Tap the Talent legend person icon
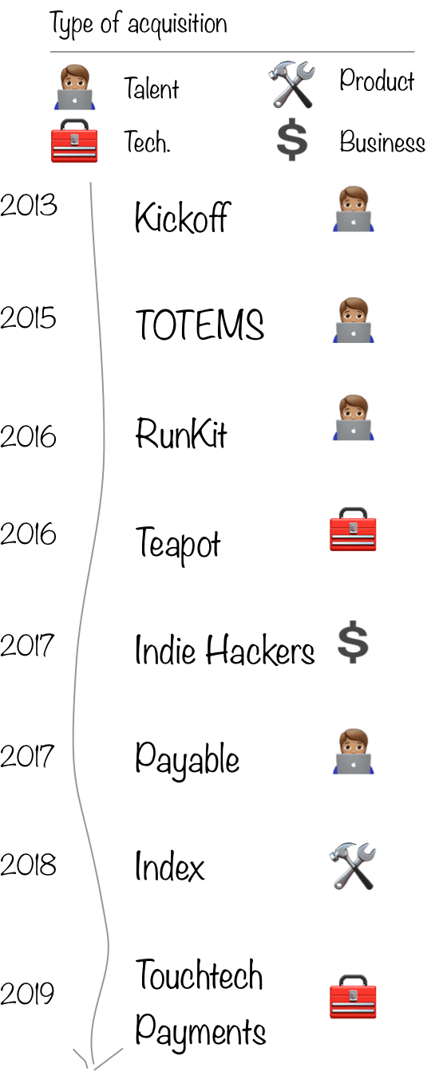pyautogui.click(x=74, y=89)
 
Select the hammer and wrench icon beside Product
pyautogui.click(x=291, y=84)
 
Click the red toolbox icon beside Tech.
pyautogui.click(x=74, y=140)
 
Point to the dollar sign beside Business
pyautogui.click(x=292, y=140)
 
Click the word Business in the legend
pyautogui.click(x=382, y=141)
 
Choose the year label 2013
pyautogui.click(x=28, y=205)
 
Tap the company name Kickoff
pyautogui.click(x=182, y=217)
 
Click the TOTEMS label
pyautogui.click(x=200, y=324)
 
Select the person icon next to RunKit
pyautogui.click(x=354, y=418)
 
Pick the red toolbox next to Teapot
pyautogui.click(x=354, y=530)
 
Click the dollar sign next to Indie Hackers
pyautogui.click(x=354, y=642)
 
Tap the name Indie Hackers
pyautogui.click(x=224, y=650)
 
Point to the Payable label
pyautogui.click(x=187, y=758)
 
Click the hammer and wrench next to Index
pyautogui.click(x=353, y=866)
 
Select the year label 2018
pyautogui.click(x=28, y=865)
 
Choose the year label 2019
pyautogui.click(x=27, y=994)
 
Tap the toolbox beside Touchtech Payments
pyautogui.click(x=354, y=996)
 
